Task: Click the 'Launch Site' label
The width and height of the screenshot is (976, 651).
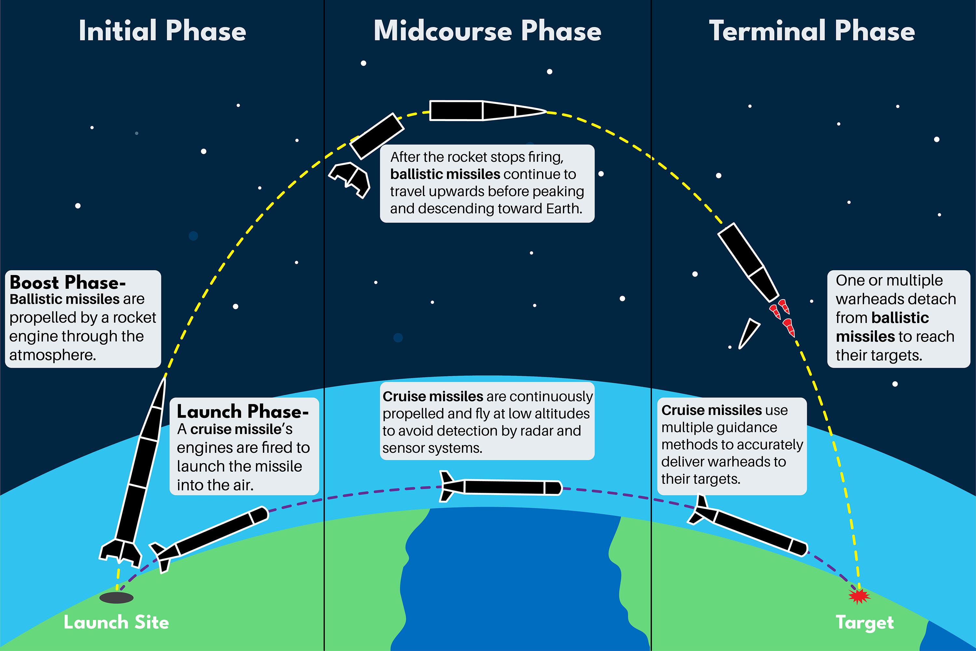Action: [x=116, y=622]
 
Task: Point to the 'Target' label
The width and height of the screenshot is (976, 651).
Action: [x=865, y=622]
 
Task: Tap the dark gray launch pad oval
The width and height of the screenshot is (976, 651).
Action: [x=116, y=598]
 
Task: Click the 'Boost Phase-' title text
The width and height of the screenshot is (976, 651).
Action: [x=67, y=283]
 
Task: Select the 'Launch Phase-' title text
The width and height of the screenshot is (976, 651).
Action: [x=242, y=411]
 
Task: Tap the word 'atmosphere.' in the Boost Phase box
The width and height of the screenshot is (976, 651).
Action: [x=53, y=355]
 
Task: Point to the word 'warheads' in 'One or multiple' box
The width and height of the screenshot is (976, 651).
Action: [x=896, y=299]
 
